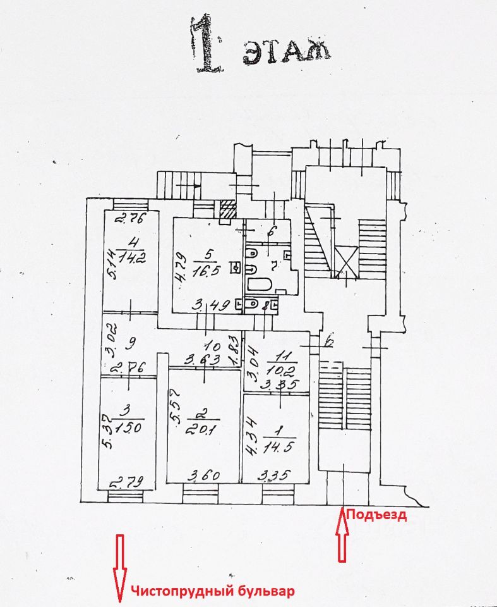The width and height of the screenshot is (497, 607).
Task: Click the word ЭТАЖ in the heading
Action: click(286, 50)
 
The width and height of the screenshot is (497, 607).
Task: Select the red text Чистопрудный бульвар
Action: click(213, 592)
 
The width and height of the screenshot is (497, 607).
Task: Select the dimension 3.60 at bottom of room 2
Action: click(201, 474)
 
